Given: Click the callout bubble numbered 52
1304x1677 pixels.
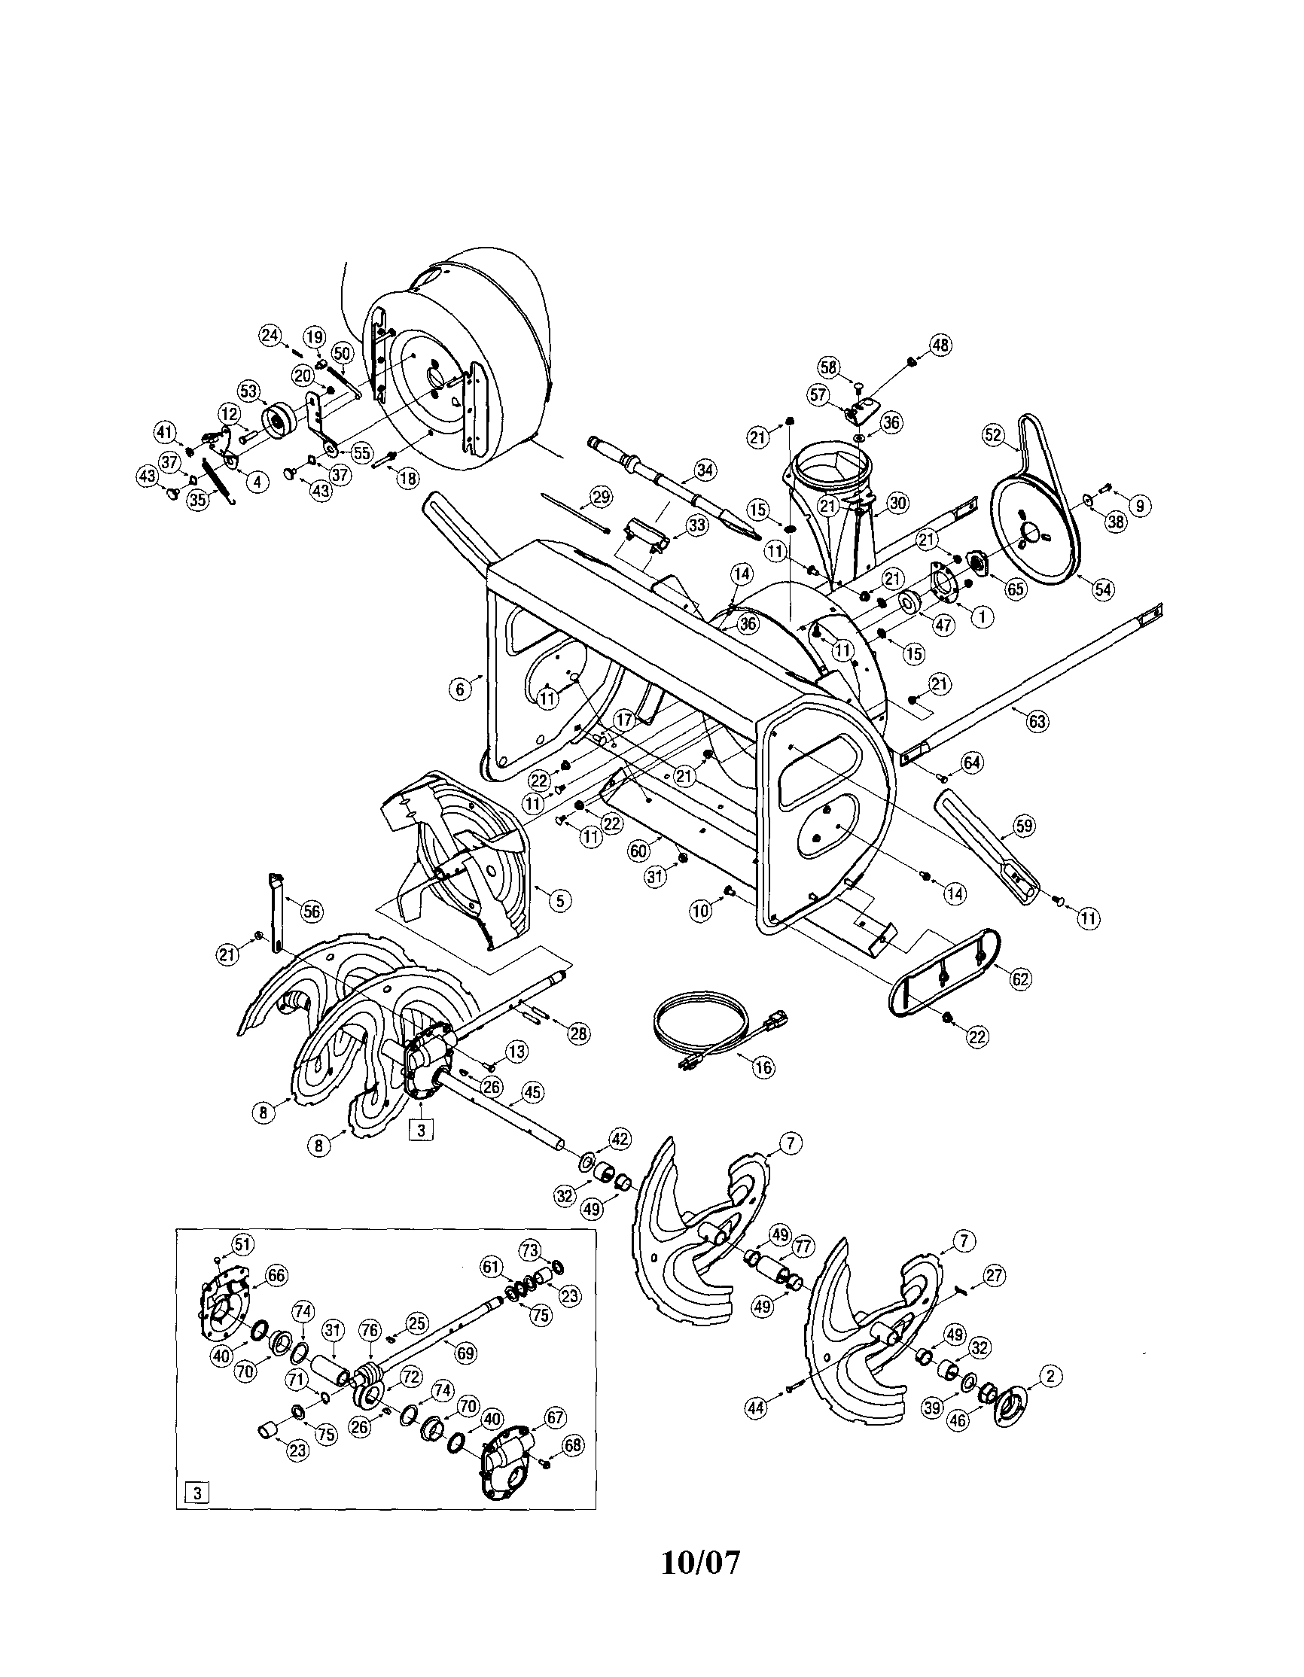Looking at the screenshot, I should pos(993,434).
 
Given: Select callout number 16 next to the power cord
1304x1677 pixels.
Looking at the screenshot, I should pos(763,1067).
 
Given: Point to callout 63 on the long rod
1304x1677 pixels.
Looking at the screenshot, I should pos(1037,721).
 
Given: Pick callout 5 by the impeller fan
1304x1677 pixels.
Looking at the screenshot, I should pos(560,900).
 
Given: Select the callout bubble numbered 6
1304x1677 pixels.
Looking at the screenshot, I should pos(459,689).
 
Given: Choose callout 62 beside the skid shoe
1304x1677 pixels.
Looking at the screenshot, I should pos(1021,979).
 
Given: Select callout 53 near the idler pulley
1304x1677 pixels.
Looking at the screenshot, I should pos(248,391).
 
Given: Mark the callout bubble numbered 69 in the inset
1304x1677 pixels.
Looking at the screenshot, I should pos(466,1353).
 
